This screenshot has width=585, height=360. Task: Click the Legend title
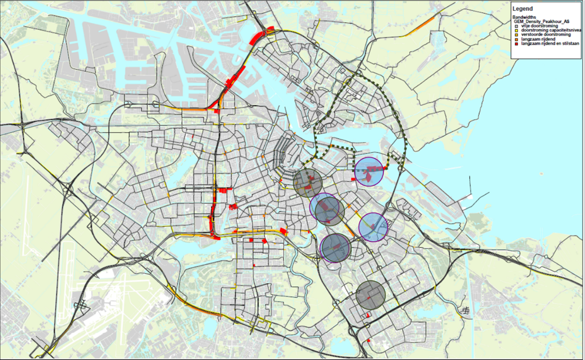522,9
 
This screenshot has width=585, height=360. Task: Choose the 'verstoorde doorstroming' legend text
546,35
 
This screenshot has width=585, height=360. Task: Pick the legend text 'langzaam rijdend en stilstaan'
549,44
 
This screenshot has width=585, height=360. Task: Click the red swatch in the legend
518,44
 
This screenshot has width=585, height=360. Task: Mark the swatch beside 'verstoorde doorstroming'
518,35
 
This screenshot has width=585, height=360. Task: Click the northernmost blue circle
369,171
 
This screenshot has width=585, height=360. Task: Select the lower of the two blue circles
373,227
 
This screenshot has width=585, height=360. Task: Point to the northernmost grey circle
308,182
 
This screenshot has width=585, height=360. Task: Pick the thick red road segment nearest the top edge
258,36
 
